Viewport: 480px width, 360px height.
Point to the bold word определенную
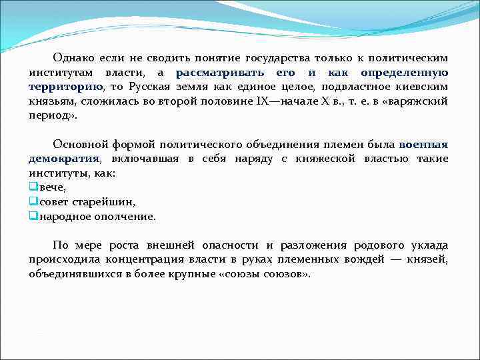404,73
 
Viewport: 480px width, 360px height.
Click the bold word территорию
65,87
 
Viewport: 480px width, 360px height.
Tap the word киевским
422,87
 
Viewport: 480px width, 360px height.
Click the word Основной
77,145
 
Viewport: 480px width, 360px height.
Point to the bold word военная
423,145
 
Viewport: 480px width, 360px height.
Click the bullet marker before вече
33,188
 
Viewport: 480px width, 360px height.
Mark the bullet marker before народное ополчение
33,217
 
